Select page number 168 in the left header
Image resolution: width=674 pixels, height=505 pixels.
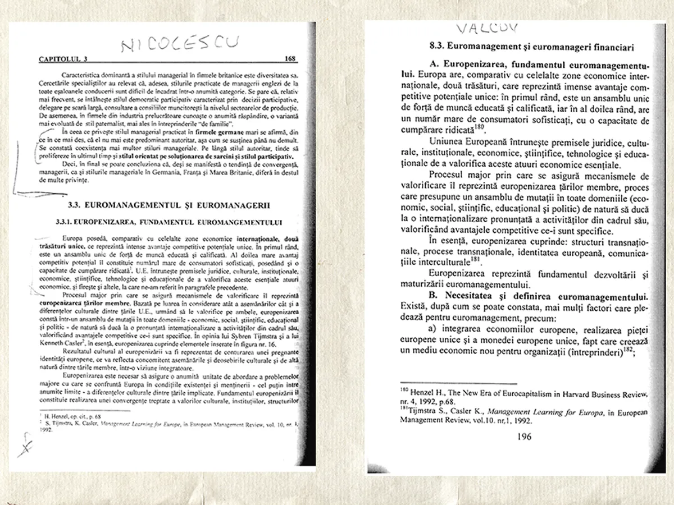point(290,58)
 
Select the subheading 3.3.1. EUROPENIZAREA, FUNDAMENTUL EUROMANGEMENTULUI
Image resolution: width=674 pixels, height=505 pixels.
point(168,221)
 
